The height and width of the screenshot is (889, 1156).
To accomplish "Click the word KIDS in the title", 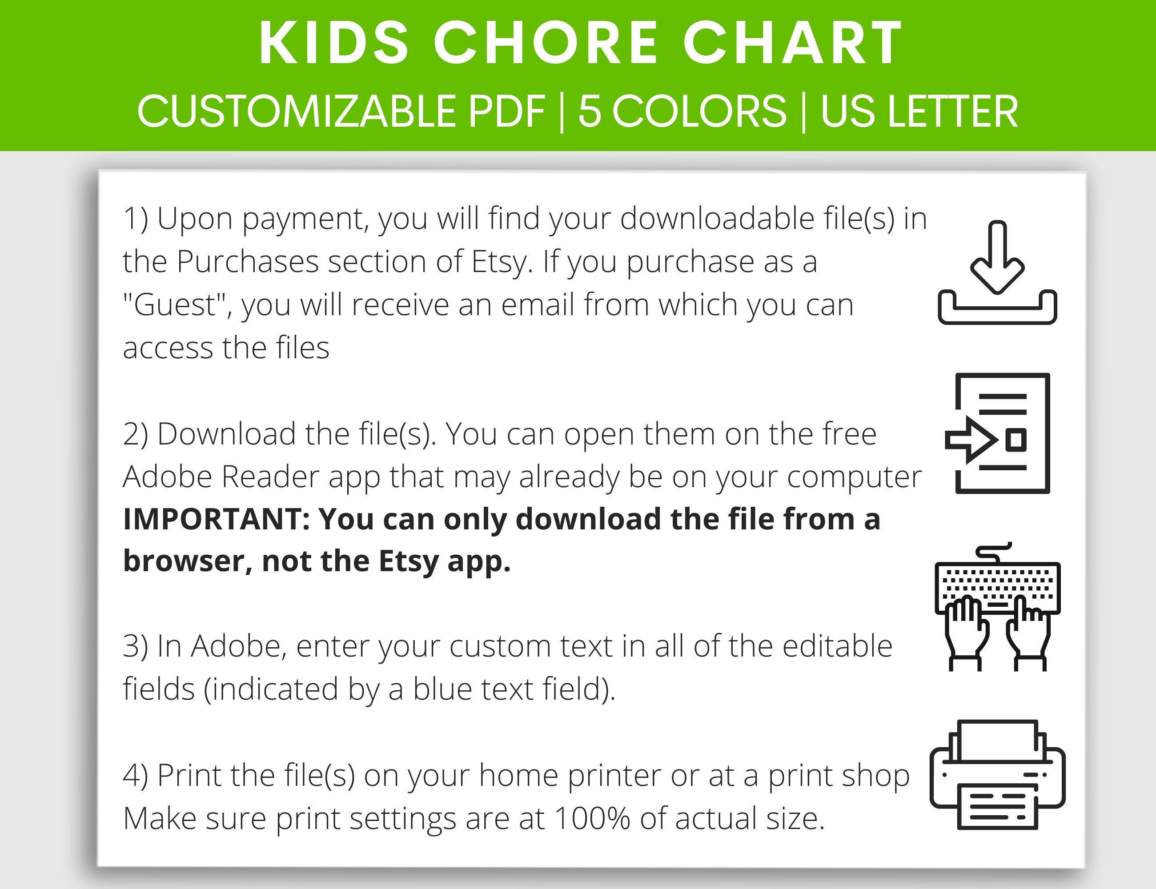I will [x=334, y=44].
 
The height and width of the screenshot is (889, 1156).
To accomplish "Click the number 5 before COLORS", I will [x=589, y=112].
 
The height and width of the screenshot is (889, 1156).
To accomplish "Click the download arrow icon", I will [x=997, y=272].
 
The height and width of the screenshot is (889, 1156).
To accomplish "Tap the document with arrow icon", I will [x=997, y=433].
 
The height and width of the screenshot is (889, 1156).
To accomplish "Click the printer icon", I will [x=997, y=775].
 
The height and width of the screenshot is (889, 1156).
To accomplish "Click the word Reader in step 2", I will [x=269, y=477].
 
